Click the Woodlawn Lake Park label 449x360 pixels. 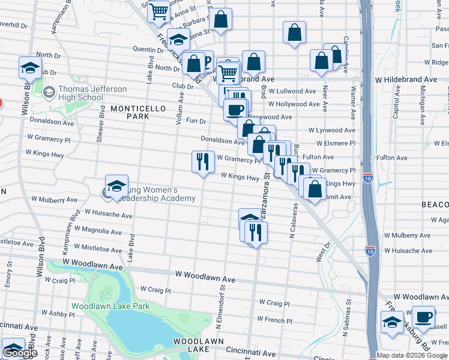pos(110,306)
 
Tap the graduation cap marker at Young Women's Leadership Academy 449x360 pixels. pos(116,186)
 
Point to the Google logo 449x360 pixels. pos(20,353)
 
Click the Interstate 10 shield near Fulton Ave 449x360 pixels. pos(368,178)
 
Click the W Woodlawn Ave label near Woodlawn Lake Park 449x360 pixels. pos(205,274)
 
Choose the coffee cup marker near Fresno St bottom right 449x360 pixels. pos(424,317)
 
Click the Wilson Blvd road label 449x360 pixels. pos(40,276)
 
